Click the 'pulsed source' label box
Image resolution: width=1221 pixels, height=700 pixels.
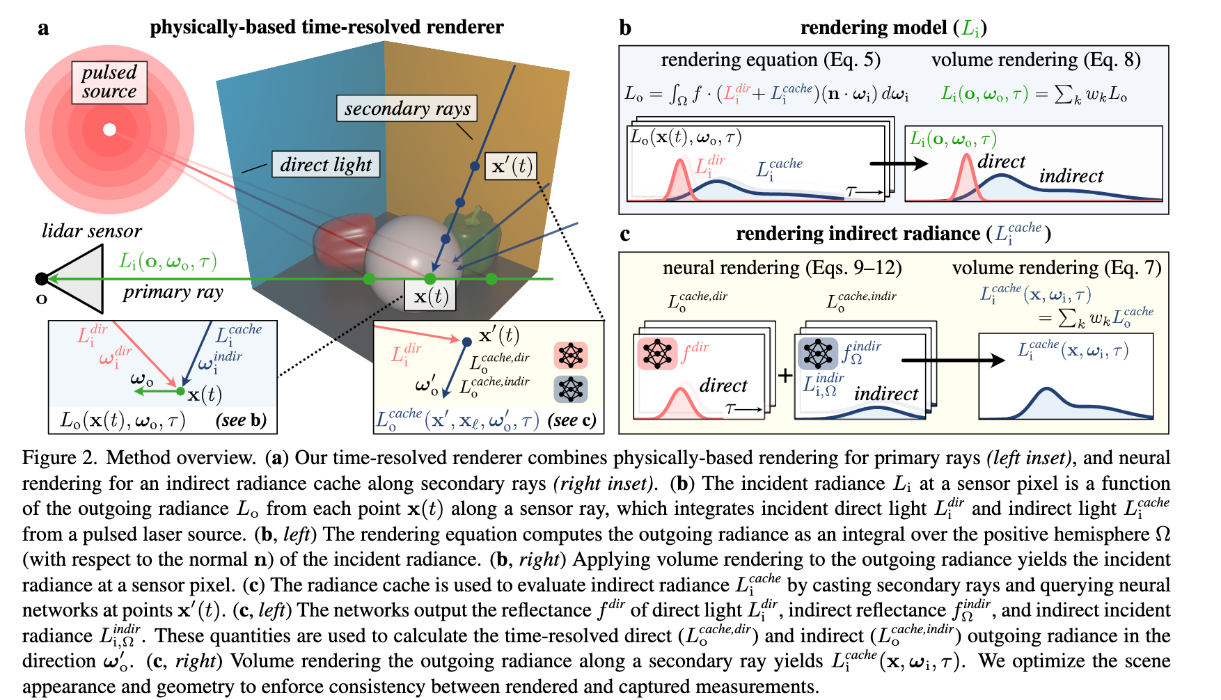[x=109, y=82]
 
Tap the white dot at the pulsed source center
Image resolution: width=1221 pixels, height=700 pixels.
[x=109, y=129]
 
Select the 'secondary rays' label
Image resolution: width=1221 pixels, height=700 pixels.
[x=407, y=109]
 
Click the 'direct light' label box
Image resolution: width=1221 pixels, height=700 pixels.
[x=326, y=165]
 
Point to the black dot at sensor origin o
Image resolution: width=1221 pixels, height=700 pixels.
[x=42, y=279]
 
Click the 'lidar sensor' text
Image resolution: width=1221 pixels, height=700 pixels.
[x=91, y=231]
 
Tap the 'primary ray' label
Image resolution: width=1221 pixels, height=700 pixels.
[x=173, y=292]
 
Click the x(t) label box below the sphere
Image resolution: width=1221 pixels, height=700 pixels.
[x=430, y=296]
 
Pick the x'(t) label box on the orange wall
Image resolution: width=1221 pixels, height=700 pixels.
[x=511, y=166]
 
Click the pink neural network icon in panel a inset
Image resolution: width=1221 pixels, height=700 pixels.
[x=571, y=356]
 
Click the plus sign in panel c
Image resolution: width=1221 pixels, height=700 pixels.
[x=785, y=376]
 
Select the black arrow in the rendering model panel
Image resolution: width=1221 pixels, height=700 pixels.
[x=899, y=164]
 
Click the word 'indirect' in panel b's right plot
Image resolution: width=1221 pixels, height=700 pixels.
[x=1071, y=177]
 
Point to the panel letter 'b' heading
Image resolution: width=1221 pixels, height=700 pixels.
[x=625, y=28]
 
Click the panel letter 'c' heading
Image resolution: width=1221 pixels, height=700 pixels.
[x=624, y=234]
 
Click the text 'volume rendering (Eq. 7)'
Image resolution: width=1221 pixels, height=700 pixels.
[x=1056, y=268]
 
